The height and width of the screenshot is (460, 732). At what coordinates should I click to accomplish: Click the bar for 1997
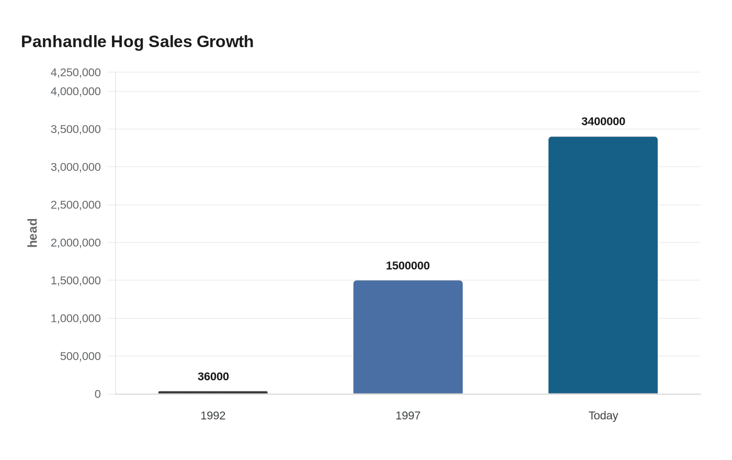point(408,337)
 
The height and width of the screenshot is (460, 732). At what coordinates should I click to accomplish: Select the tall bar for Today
point(603,266)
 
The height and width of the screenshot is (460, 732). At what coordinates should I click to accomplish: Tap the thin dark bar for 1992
point(213,393)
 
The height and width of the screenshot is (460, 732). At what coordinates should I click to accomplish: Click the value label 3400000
point(603,121)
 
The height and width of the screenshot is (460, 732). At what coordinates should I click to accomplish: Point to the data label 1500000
point(408,266)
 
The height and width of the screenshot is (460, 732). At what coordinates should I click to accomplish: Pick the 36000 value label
point(213,376)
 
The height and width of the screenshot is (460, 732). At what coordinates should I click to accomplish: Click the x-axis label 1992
point(213,416)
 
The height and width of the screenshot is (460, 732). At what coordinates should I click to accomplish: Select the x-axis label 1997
point(408,416)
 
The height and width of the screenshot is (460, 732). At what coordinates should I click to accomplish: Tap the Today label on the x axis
point(603,416)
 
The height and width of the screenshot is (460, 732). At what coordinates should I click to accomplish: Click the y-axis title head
point(32,233)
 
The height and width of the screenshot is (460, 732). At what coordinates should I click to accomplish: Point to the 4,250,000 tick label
point(76,73)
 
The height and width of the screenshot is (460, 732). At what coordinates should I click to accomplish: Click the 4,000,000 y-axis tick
point(76,91)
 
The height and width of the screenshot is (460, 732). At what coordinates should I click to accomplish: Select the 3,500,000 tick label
point(76,129)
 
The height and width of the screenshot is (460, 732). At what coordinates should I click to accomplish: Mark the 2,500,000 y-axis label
point(76,205)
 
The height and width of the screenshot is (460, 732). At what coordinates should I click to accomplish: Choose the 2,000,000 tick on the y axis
point(76,243)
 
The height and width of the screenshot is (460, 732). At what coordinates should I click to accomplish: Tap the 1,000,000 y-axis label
point(76,318)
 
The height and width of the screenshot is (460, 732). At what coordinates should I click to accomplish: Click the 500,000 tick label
point(81,356)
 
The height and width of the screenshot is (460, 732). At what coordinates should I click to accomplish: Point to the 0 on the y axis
point(97,394)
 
